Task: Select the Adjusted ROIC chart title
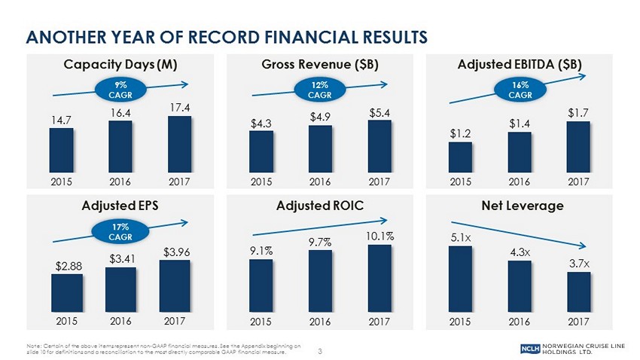pos(322,205)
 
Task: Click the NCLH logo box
pos(530,349)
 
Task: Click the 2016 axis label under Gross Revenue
pos(322,181)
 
